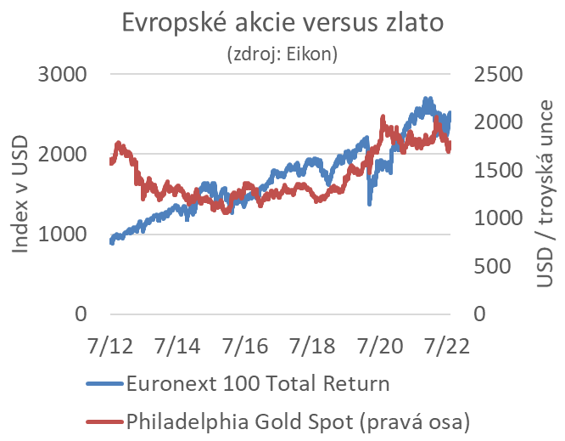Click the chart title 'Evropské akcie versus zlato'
tap(282, 23)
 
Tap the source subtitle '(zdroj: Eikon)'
tap(282, 55)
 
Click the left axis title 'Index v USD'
tap(19, 193)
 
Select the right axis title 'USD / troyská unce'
tap(546, 195)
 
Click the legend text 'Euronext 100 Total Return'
tap(257, 383)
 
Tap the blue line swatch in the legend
tap(104, 384)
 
